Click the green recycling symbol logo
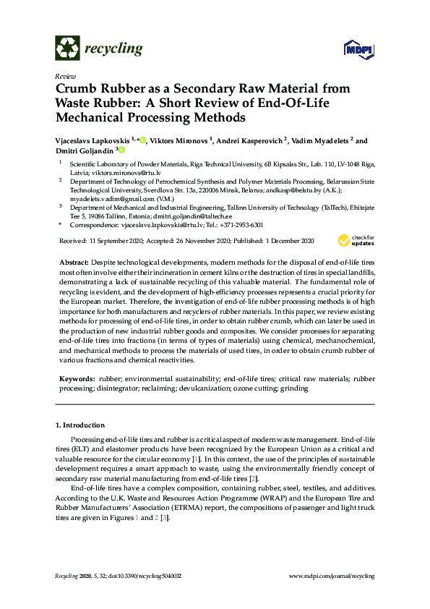click(67, 48)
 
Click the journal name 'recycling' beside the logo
click(114, 48)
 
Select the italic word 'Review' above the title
click(65, 76)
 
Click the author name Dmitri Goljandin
click(82, 150)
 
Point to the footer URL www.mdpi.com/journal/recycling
click(331, 576)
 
